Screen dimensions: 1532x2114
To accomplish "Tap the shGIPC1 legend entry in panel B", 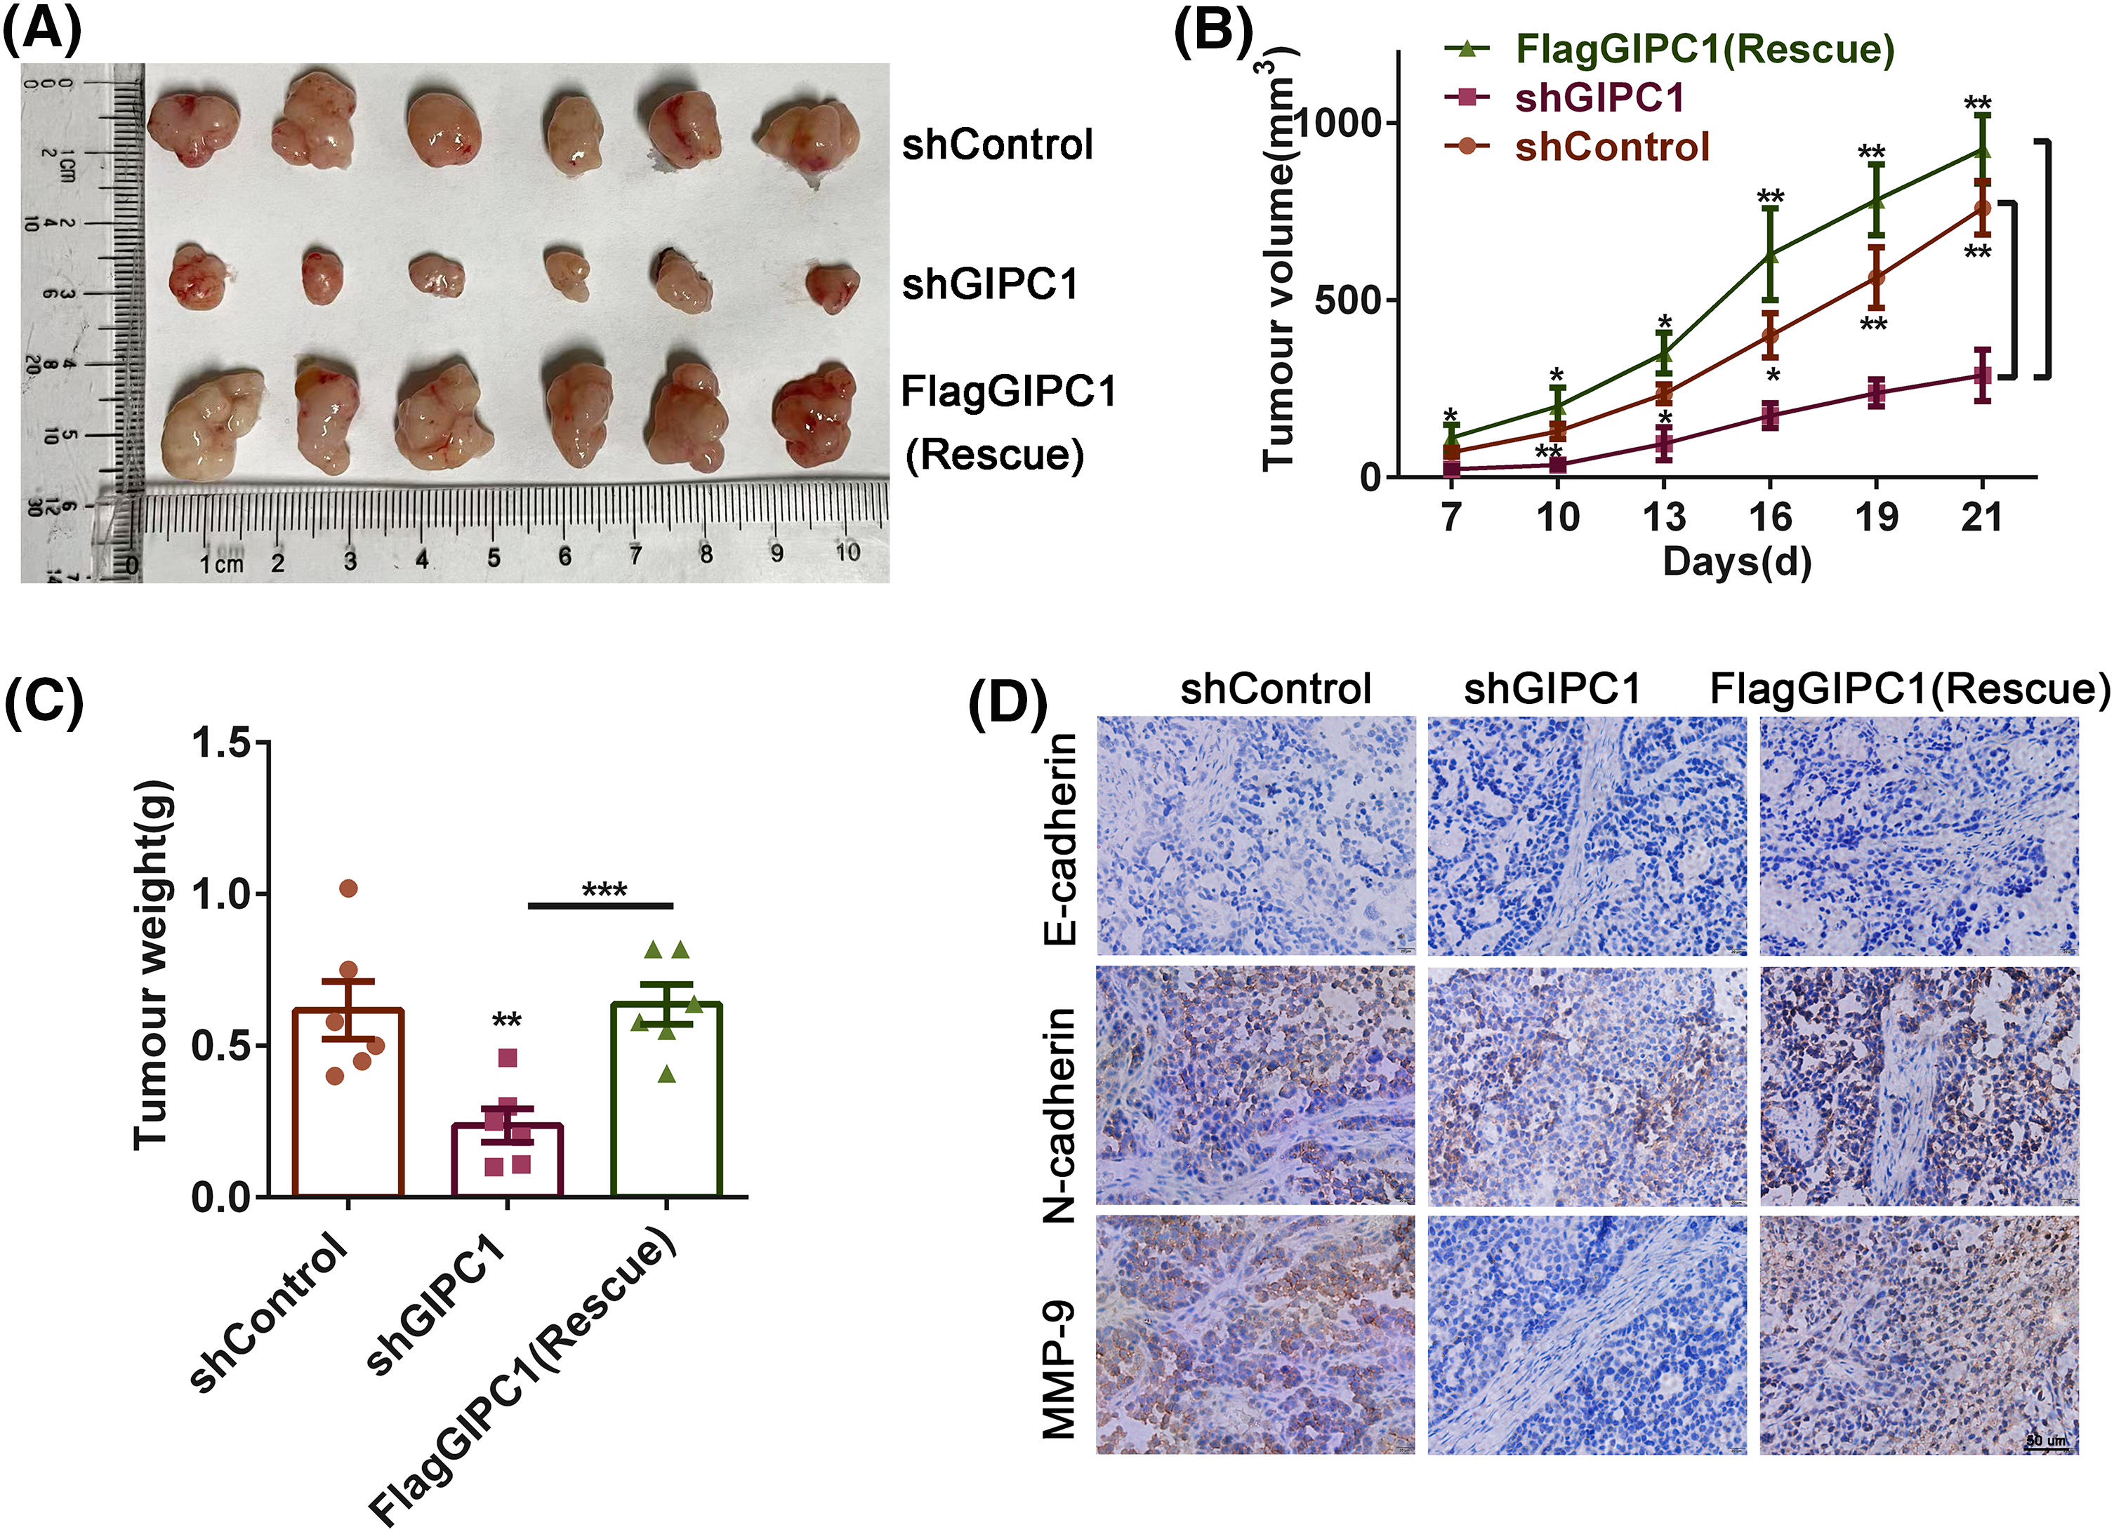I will coord(1599,98).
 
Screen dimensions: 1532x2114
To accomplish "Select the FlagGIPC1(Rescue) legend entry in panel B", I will coord(1705,48).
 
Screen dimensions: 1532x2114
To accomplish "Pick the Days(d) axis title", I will coord(1736,562).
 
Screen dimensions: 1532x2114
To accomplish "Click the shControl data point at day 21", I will coord(1981,208).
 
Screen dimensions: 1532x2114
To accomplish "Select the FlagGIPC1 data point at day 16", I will coord(1769,253).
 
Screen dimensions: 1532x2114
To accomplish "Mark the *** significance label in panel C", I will coord(604,890).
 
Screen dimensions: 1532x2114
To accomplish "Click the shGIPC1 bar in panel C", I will coord(507,1159).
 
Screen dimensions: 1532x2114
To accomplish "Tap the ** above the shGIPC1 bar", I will coord(506,1020).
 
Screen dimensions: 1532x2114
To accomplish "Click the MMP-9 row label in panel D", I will coord(1059,1370).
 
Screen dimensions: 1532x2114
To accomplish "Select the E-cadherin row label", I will coord(1059,838).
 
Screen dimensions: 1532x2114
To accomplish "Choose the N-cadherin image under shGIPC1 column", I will coord(1587,1086).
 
